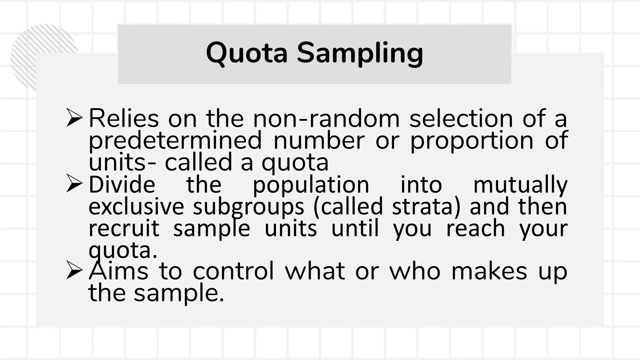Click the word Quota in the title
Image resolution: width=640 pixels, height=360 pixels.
pos(247,53)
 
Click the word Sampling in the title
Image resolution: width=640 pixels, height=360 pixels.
pos(360,54)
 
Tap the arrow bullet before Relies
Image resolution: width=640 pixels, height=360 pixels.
pos(74,118)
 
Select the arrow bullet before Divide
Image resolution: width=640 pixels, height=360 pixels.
pos(74,184)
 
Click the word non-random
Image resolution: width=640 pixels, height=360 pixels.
pos(326,119)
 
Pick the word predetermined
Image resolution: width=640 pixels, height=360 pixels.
pos(175,141)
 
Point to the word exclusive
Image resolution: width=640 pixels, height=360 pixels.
pos(136,207)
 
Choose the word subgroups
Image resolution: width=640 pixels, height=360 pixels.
pos(248,207)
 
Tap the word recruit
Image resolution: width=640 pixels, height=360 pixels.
pos(124,228)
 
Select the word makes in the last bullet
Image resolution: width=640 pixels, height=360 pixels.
pos(489,271)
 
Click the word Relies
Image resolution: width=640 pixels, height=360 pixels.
pos(124,119)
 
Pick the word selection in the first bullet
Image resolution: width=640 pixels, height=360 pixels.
pos(461,119)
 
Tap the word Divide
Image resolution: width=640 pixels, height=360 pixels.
pos(122,185)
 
